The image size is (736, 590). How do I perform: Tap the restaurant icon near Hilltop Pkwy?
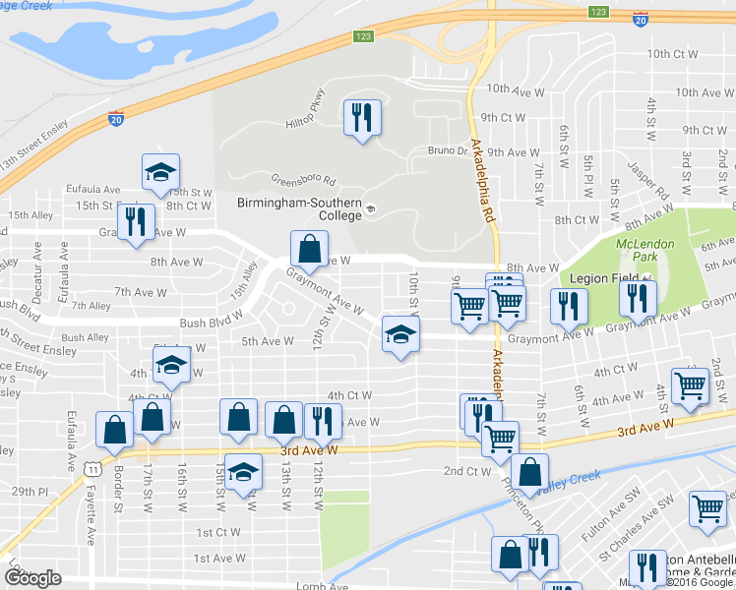361,119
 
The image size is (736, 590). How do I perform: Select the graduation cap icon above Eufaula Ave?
158,173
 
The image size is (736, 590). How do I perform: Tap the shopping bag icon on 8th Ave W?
309,250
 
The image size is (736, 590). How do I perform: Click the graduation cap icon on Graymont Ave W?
400,334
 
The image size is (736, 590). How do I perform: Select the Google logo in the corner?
32,578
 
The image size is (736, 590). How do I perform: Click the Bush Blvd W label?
212,322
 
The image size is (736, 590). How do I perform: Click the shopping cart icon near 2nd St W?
690,386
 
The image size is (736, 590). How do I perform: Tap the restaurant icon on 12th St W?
324,422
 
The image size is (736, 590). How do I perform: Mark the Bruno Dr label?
448,151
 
